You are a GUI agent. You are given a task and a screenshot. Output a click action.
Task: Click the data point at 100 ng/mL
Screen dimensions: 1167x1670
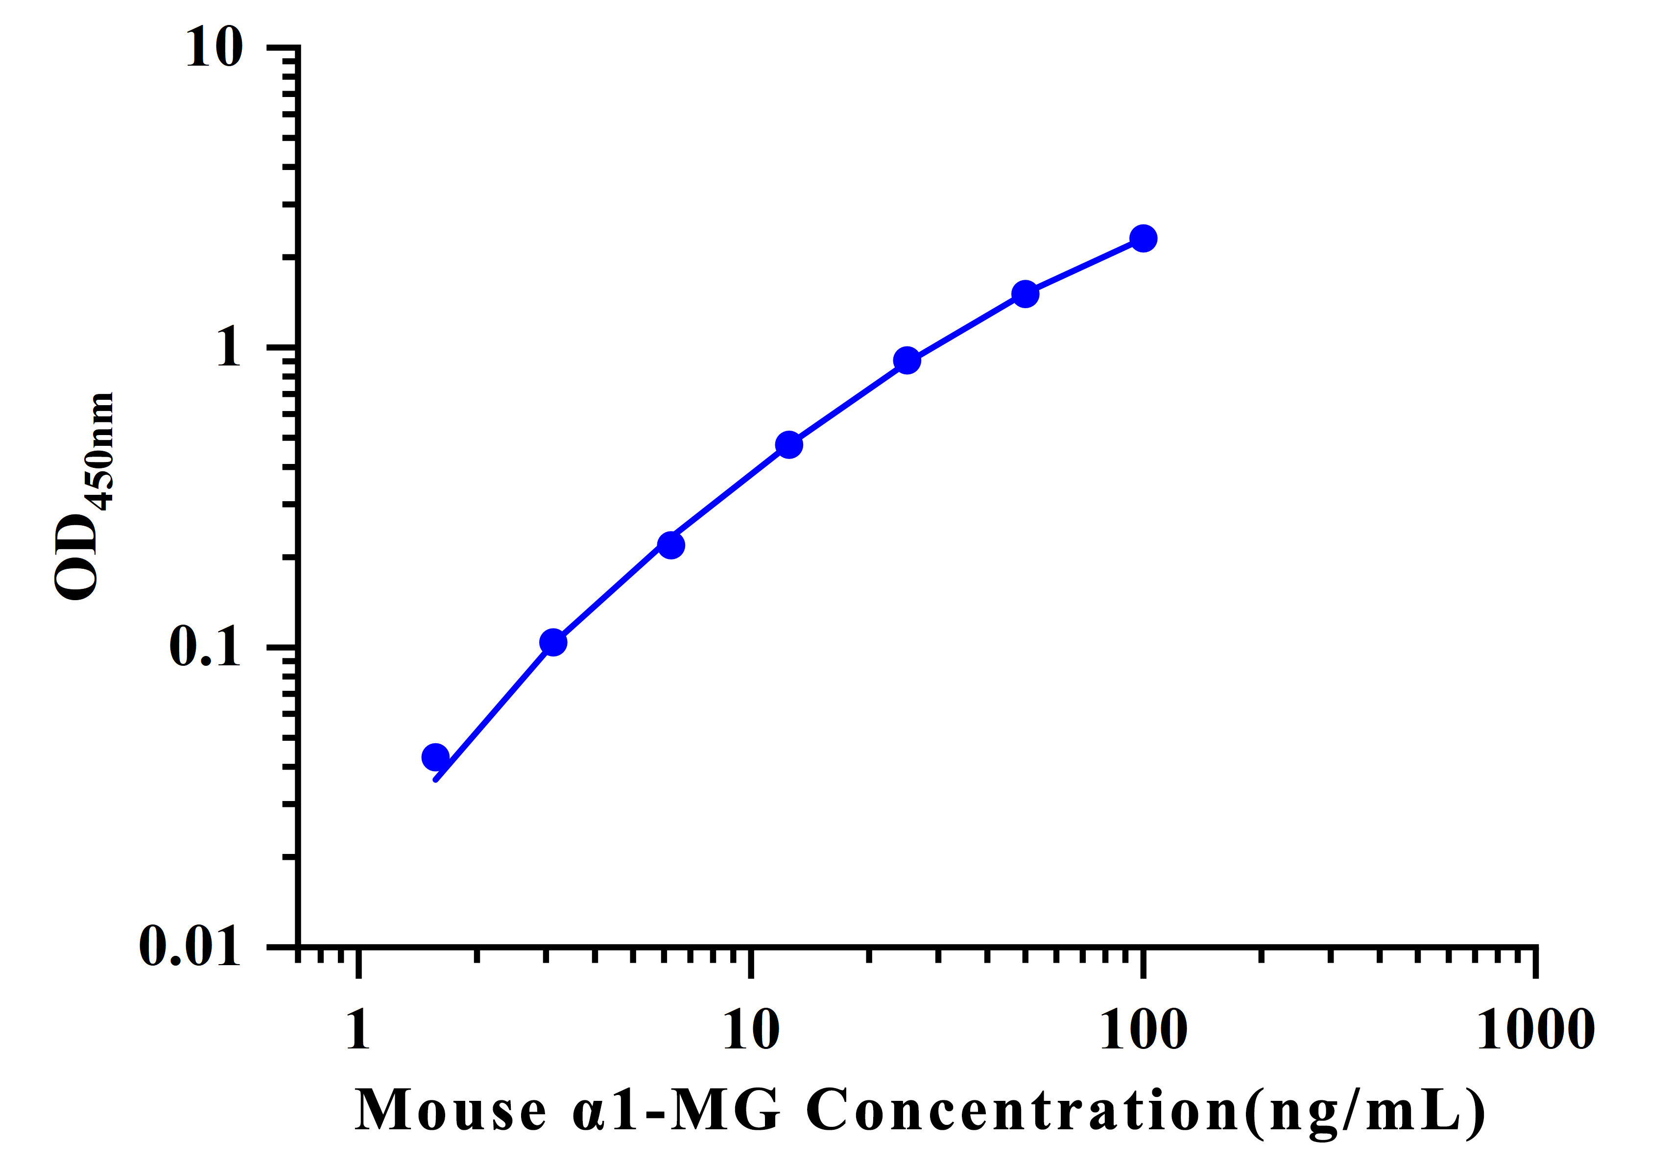1144,238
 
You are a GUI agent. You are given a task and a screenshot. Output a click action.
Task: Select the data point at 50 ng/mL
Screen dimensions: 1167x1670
1025,294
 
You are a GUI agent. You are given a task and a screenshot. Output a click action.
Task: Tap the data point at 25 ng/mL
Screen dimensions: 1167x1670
907,360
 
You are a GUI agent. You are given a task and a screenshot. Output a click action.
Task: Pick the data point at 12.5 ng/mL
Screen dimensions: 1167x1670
789,444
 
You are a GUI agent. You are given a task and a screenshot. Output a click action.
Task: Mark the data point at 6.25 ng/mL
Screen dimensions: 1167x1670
670,545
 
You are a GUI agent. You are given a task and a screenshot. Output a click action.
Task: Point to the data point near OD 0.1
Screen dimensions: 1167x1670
553,642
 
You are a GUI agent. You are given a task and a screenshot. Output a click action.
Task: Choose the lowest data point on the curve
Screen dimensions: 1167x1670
435,757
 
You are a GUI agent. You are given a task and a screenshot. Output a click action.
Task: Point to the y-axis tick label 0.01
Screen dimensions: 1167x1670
189,947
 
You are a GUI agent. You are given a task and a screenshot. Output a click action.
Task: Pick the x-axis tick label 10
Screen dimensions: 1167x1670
751,1029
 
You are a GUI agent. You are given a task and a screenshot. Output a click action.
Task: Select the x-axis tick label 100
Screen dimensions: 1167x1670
1144,1029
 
